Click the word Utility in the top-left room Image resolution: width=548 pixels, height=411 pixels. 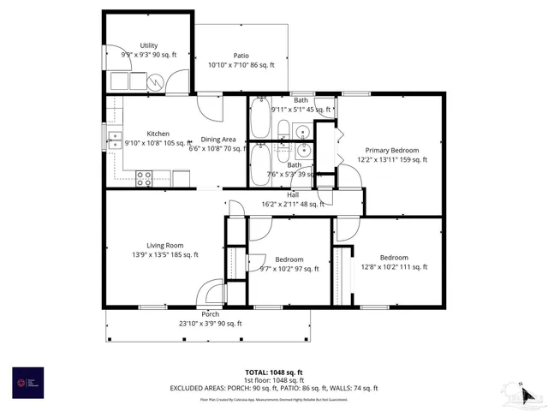click(x=149, y=45)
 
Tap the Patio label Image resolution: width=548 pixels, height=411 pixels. click(x=241, y=55)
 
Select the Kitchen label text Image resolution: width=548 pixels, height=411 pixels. click(x=158, y=134)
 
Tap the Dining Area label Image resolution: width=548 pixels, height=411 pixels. click(x=218, y=140)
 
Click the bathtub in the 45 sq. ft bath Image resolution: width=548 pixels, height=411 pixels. click(x=261, y=119)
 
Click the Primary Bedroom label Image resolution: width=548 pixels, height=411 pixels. click(x=391, y=149)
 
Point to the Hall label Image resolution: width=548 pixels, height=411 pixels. click(x=293, y=194)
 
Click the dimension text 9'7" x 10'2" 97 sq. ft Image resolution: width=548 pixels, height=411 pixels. click(x=289, y=268)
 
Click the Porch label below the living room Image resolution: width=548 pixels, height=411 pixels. click(x=210, y=313)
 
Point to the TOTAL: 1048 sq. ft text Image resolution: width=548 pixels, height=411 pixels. click(x=273, y=372)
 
